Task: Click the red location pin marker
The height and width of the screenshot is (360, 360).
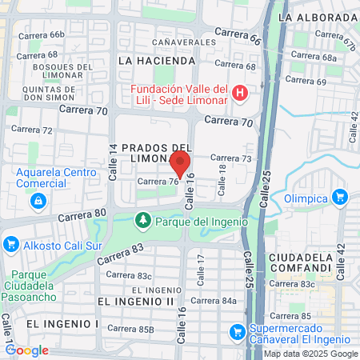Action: (x=180, y=163)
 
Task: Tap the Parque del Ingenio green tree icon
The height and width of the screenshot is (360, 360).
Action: (x=142, y=218)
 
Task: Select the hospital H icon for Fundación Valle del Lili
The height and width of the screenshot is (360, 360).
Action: (x=238, y=94)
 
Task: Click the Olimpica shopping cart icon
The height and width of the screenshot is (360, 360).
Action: (x=340, y=196)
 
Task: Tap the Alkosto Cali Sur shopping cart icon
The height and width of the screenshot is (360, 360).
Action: (x=10, y=243)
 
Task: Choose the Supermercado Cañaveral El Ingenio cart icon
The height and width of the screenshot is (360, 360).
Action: (x=237, y=330)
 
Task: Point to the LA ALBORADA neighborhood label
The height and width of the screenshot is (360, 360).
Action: (x=315, y=16)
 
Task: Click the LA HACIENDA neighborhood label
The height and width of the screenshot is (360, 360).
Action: (x=156, y=60)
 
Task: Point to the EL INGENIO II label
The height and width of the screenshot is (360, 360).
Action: (x=135, y=301)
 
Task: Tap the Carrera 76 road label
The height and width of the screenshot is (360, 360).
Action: (x=157, y=182)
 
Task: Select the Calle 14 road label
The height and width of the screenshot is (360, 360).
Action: (x=113, y=157)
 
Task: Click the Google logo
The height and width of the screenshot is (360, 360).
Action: (x=26, y=350)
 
